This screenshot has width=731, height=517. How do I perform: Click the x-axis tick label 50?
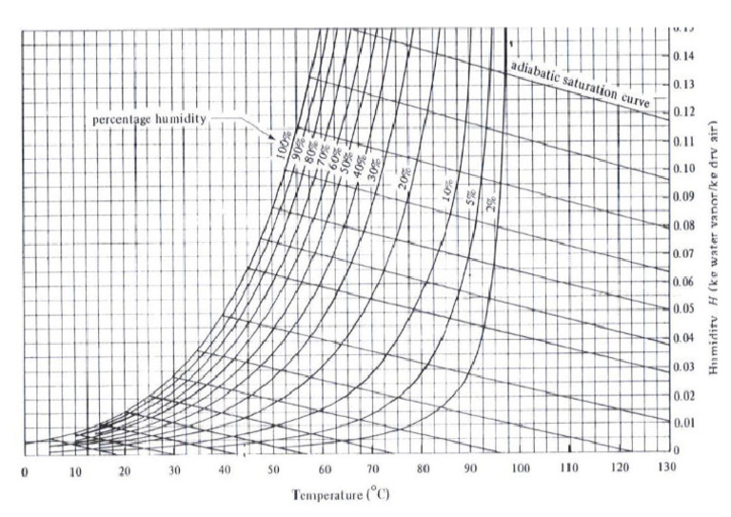tap(273, 470)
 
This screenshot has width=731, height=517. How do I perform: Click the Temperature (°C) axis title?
tap(340, 496)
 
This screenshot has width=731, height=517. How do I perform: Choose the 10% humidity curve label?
tap(448, 190)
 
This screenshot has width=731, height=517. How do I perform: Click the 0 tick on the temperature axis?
tap(26, 471)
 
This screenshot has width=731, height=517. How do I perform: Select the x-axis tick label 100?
tap(521, 469)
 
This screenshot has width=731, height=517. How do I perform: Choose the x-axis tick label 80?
tap(422, 470)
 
